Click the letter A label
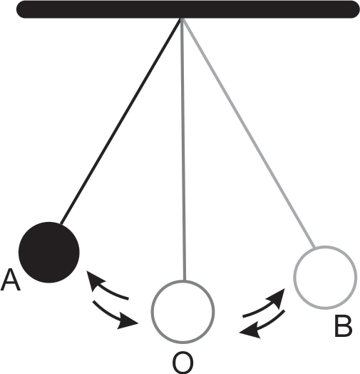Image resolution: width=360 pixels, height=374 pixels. tap(11, 280)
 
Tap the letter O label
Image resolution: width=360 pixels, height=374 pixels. tap(182, 363)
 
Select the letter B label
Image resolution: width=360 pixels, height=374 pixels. tap(344, 326)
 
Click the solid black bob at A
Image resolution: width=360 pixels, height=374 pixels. tap(49, 253)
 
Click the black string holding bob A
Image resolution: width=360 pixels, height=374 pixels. tap(120, 121)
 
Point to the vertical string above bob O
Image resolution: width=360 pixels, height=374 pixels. tap(183, 149)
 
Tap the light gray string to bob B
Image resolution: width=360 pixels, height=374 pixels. tap(249, 133)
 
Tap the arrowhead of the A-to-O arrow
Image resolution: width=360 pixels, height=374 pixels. tap(128, 323)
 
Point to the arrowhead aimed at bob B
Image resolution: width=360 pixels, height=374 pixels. tap(277, 298)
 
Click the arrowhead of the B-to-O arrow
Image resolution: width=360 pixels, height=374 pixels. tap(250, 331)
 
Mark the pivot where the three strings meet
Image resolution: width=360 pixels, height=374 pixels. tap(182, 19)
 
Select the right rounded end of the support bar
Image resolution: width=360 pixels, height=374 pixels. tap(354, 9)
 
